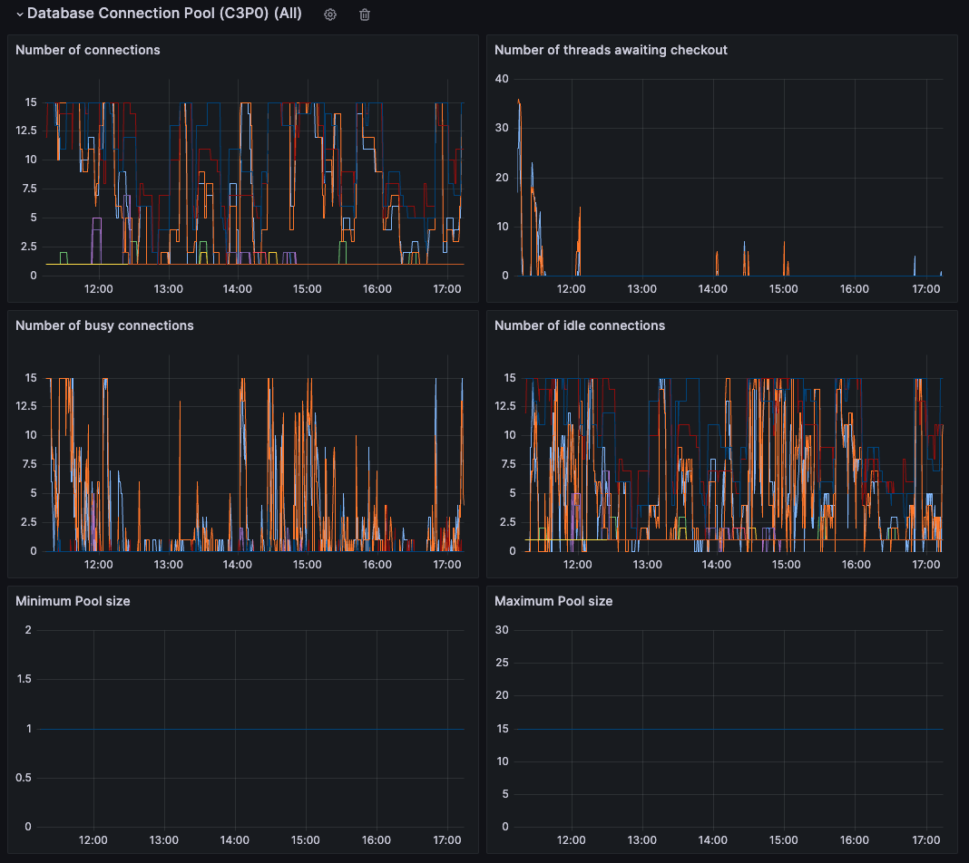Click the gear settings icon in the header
point(330,15)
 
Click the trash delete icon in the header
point(365,15)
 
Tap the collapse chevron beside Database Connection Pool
point(19,15)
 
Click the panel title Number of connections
point(88,50)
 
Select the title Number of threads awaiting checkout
point(611,50)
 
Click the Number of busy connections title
point(104,325)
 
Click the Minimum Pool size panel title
point(73,601)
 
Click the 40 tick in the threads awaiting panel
point(501,78)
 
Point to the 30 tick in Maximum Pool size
point(501,630)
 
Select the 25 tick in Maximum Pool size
point(501,663)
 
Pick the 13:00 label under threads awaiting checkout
point(642,289)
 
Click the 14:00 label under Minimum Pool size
point(235,840)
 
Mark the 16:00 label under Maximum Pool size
point(855,840)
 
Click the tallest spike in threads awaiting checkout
point(518,101)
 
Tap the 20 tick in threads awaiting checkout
point(501,177)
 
